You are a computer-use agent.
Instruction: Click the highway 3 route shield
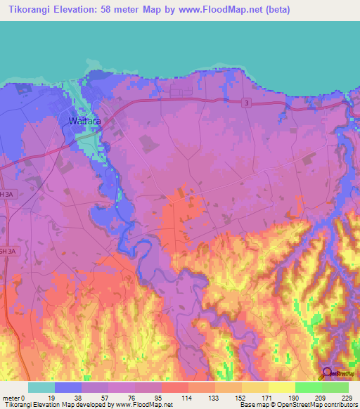(247, 103)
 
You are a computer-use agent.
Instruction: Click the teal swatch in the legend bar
(41, 387)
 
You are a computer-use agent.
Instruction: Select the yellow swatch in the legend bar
(281, 387)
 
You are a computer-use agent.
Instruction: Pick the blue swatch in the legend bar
(68, 387)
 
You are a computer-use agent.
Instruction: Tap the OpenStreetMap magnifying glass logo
(327, 372)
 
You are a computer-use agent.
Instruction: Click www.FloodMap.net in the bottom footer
(143, 404)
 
